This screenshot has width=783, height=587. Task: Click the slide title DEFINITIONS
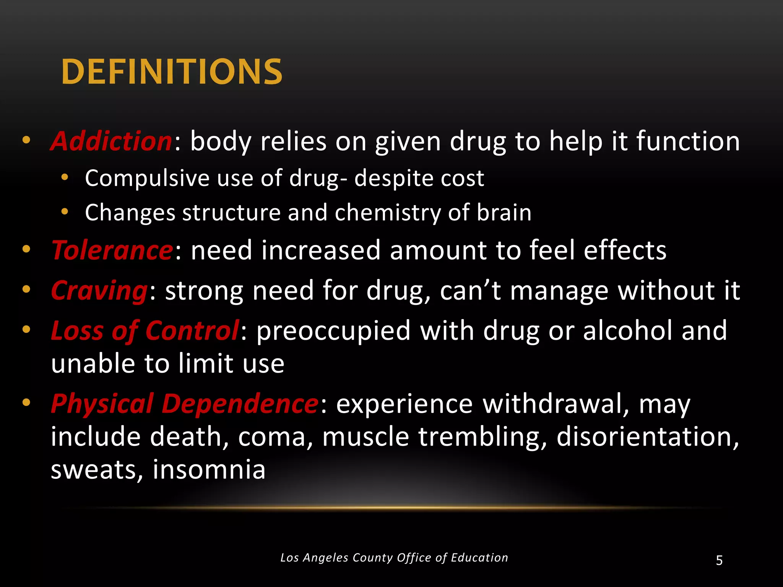point(172,71)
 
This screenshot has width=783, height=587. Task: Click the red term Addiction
point(111,141)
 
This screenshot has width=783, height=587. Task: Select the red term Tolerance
point(112,250)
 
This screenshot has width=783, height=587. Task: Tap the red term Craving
point(99,290)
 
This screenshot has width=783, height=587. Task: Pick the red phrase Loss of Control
point(145,331)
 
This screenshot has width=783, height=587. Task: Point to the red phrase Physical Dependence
point(184,404)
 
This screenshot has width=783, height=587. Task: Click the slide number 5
point(719,561)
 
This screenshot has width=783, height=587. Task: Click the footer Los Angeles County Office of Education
point(394,558)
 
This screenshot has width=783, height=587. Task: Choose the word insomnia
point(209,470)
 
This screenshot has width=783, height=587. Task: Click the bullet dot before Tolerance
point(26,250)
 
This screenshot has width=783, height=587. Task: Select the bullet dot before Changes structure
point(65,212)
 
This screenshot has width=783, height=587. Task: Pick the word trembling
point(482,436)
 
